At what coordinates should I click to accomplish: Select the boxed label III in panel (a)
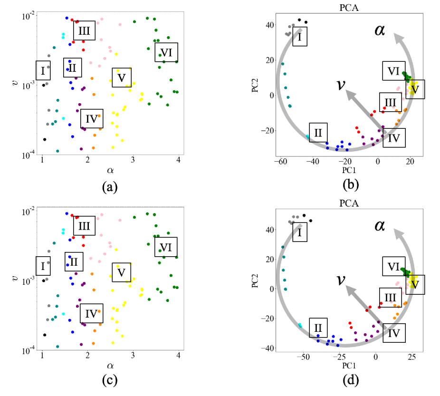point(85,31)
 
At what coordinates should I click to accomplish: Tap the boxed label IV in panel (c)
point(91,313)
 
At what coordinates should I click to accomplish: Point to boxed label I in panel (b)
point(300,37)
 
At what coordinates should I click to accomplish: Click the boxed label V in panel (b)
point(415,89)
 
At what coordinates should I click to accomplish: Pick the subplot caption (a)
point(110,187)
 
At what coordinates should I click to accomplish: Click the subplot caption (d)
point(352,380)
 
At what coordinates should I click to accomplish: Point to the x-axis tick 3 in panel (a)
point(133,159)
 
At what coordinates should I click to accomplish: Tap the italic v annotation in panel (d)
point(340,280)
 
